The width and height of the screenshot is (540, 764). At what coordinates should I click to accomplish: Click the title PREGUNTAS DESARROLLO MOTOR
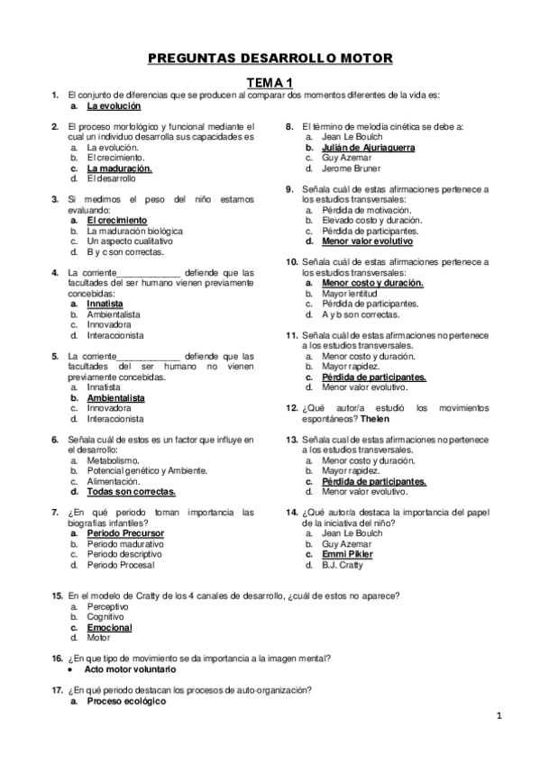(x=270, y=59)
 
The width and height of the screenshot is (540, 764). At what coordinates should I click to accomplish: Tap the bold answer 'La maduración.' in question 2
(x=119, y=168)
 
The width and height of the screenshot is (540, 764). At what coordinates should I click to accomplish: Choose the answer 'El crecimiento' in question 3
(x=116, y=220)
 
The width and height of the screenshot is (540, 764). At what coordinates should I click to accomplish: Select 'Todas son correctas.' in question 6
(x=131, y=492)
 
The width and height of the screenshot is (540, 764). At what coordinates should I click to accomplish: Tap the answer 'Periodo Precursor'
(x=125, y=533)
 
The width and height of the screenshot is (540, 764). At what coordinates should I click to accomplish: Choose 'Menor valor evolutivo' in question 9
(x=367, y=241)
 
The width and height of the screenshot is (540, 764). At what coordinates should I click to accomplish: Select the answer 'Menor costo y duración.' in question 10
(x=371, y=283)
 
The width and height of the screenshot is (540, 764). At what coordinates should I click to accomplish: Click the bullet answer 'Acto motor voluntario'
(x=130, y=669)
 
